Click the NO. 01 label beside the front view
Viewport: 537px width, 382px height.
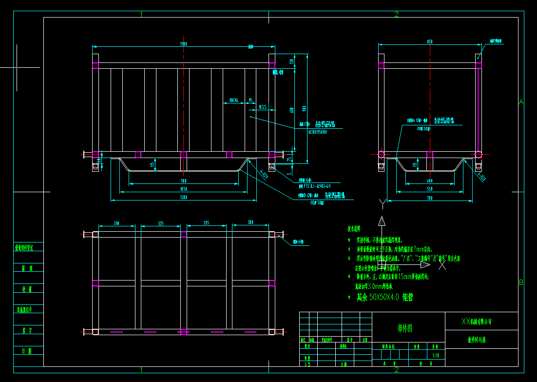click(278, 73)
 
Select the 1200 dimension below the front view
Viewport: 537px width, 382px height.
click(184, 198)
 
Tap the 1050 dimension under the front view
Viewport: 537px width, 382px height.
click(184, 189)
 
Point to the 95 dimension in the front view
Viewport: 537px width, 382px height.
click(250, 100)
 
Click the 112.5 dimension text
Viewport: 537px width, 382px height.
click(262, 107)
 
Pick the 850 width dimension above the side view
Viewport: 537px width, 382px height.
click(429, 42)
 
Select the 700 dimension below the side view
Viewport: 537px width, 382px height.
click(429, 198)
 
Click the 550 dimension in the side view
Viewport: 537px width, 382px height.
click(429, 189)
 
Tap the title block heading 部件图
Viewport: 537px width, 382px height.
click(405, 329)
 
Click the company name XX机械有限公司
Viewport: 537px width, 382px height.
click(477, 322)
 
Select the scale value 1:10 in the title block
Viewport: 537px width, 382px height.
click(436, 356)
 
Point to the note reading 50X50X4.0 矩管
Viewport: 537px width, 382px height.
click(384, 297)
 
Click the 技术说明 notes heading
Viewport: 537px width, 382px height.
click(353, 228)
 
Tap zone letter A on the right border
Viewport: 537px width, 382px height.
click(521, 102)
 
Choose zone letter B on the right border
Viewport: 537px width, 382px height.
click(521, 282)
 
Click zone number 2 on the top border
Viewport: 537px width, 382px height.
click(396, 14)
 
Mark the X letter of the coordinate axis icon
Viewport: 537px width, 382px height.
click(442, 266)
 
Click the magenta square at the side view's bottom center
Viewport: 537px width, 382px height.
click(430, 155)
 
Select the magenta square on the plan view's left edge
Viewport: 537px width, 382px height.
click(96, 283)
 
